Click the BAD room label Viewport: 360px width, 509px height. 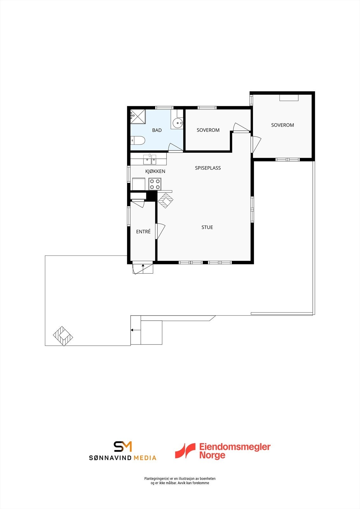[157, 130]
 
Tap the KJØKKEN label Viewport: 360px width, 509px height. [155, 171]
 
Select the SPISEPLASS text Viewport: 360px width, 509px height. [208, 168]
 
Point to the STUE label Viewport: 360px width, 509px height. [207, 227]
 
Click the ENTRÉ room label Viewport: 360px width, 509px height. [143, 232]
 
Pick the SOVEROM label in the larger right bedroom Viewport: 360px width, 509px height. [282, 125]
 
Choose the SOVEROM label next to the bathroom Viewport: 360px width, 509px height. [208, 130]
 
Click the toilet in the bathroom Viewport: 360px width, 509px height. [138, 140]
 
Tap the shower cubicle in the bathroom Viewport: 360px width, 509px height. [138, 116]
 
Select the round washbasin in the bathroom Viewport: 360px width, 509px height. [177, 122]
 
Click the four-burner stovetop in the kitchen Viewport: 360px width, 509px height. [155, 184]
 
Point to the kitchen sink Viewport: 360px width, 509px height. [149, 159]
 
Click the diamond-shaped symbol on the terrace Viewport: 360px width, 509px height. [63, 336]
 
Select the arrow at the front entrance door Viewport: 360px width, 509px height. [143, 266]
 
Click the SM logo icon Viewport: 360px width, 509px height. [123, 446]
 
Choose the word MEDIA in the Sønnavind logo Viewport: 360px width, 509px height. [145, 458]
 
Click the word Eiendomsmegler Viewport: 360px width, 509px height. [235, 447]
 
